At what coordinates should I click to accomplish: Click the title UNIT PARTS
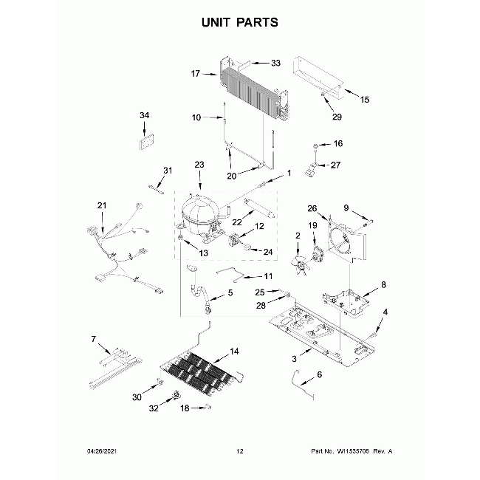240,22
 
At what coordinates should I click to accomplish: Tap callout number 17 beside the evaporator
195,73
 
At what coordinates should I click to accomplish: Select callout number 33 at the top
275,64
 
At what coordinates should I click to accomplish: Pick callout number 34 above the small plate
144,115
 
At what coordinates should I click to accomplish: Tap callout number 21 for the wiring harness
102,205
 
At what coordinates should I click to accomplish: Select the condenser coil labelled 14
199,371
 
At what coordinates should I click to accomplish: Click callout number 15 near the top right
364,99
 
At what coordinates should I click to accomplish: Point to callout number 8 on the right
383,284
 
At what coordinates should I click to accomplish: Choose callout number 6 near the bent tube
319,375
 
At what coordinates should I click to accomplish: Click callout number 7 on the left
94,339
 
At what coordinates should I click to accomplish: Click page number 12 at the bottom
239,450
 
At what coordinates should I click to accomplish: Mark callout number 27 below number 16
335,165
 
